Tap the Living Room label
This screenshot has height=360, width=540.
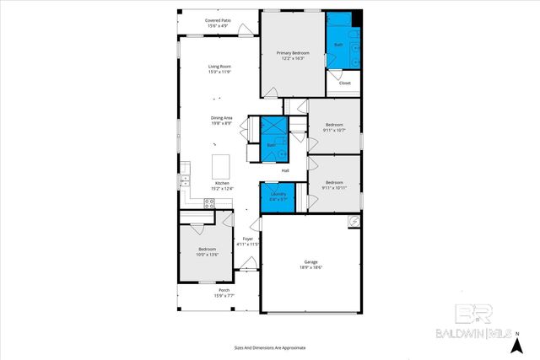pos(220,69)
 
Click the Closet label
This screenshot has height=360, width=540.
pos(344,83)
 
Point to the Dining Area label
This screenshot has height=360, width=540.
pos(222,121)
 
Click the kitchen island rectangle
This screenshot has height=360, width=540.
pos(221,164)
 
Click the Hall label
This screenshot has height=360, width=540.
pos(285,171)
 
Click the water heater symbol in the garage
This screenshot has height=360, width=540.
pos(354,221)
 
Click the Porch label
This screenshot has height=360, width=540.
pos(224,293)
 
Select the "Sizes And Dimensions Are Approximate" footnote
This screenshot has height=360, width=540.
pos(270,347)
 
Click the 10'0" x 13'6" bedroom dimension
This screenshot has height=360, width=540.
pos(208,254)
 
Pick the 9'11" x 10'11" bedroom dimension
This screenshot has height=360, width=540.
pos(334,187)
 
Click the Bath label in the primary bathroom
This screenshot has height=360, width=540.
pos(338,45)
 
